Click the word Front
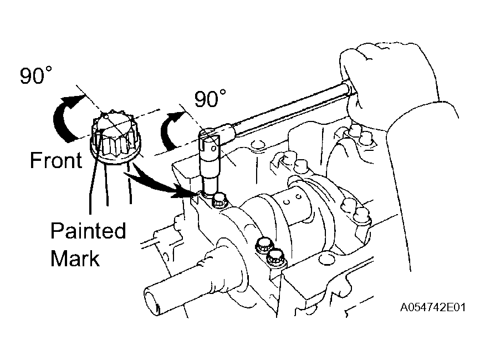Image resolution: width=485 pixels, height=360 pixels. [56, 160]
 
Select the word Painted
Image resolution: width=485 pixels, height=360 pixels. [88, 231]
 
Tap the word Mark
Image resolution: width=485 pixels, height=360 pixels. [75, 258]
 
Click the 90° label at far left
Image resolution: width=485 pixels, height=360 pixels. [36, 75]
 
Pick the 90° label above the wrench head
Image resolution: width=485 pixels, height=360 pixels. [210, 98]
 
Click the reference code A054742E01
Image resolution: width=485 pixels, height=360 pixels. [433, 307]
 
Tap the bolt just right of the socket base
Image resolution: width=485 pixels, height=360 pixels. [219, 201]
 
